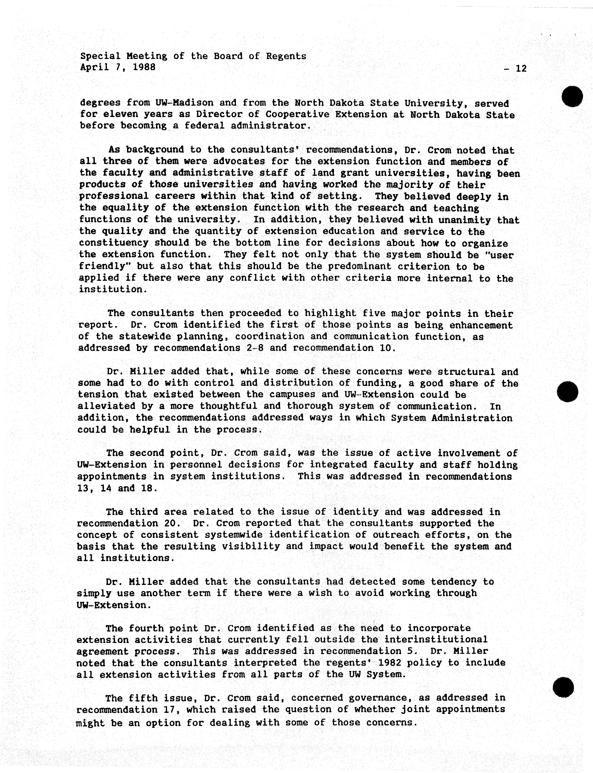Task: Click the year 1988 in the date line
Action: (x=144, y=67)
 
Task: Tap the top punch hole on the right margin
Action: (x=572, y=96)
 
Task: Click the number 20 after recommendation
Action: (x=173, y=523)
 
